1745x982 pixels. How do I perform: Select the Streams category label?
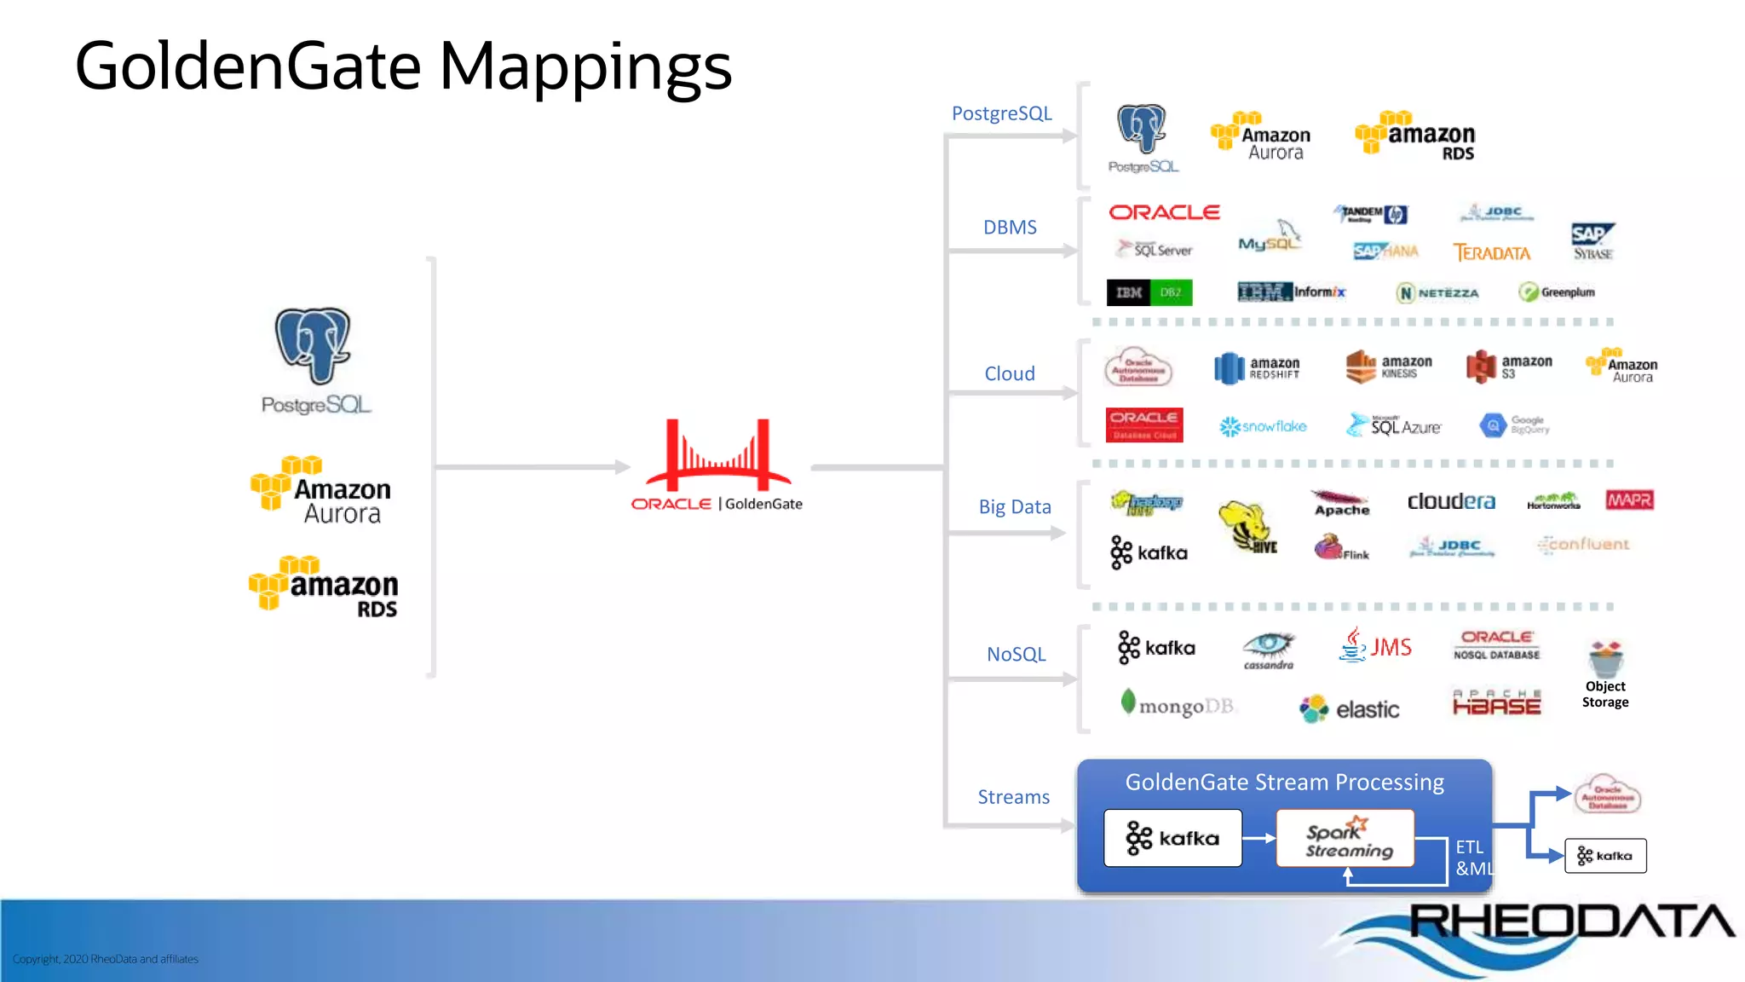[1013, 797]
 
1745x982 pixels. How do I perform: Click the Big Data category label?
[1014, 507]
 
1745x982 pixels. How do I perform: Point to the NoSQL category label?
[1016, 655]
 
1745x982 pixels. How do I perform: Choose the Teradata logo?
[1491, 253]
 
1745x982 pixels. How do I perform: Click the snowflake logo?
[1263, 426]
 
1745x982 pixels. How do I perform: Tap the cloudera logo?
[1450, 501]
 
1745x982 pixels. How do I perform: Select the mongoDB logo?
[1178, 705]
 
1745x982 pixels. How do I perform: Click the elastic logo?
[1350, 709]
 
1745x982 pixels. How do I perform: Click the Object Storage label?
[1605, 694]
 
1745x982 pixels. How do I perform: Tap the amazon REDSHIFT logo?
[1258, 368]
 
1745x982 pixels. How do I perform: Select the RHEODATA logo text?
[1571, 921]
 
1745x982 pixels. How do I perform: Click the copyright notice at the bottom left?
[106, 959]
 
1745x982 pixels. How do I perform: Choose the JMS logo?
[1375, 646]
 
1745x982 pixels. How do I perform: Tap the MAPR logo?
[1629, 500]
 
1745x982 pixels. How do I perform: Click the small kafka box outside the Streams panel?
[1605, 856]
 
